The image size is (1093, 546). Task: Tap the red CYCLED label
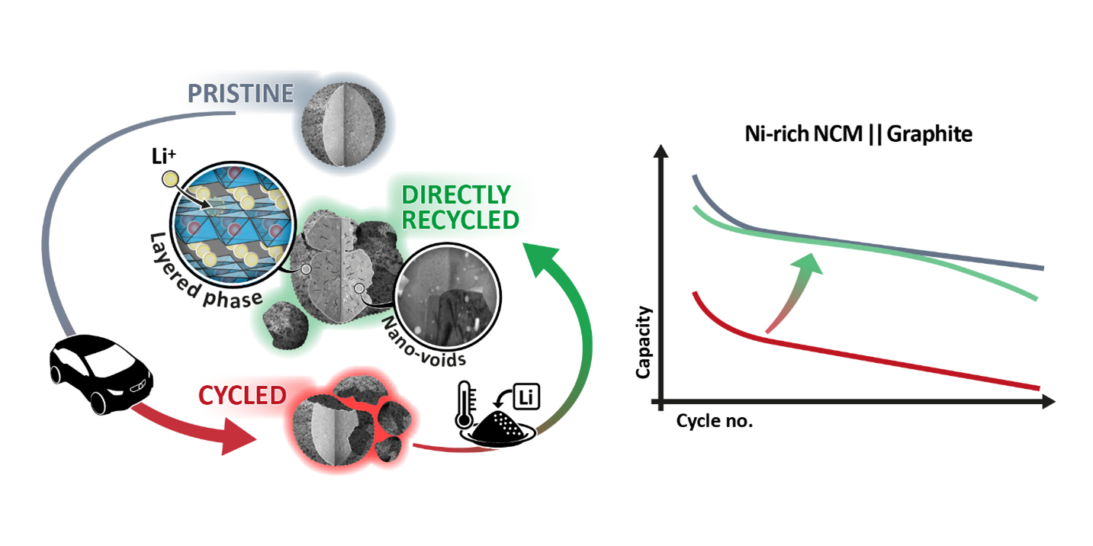(x=243, y=395)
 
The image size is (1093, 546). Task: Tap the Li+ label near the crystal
(x=162, y=165)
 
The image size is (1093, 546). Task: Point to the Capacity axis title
(x=643, y=342)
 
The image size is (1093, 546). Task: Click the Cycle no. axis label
(x=714, y=421)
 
